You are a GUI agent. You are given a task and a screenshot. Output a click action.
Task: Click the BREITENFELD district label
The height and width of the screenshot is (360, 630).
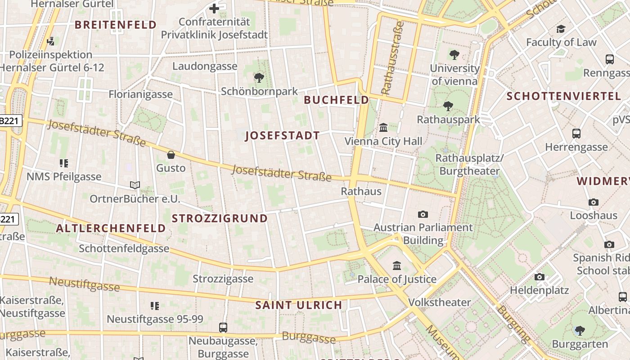click(x=116, y=25)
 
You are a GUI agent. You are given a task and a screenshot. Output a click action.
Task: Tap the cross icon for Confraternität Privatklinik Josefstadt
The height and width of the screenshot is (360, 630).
click(x=214, y=8)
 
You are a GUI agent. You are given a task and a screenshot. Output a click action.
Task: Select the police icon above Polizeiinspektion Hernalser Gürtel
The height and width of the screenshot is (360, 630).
click(x=51, y=41)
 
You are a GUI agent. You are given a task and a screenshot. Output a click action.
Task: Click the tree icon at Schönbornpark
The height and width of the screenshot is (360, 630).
click(x=259, y=78)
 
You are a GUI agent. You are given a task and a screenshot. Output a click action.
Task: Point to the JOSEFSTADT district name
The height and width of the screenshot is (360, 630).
click(x=282, y=135)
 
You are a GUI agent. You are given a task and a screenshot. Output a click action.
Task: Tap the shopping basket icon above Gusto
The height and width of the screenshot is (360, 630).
click(x=171, y=155)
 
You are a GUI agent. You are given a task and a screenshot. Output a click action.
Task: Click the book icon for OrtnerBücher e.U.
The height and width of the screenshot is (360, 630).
click(x=135, y=185)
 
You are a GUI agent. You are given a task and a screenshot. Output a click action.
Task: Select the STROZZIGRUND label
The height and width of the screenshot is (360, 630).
click(x=220, y=219)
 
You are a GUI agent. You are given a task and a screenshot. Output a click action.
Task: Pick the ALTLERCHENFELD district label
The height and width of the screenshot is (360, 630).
click(x=111, y=228)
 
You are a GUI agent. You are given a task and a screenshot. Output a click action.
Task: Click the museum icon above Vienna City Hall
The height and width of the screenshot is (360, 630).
click(x=383, y=128)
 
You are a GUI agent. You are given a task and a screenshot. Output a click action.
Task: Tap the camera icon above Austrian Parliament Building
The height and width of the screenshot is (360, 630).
click(x=423, y=214)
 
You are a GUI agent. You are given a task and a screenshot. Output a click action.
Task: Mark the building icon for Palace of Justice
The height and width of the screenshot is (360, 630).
click(x=397, y=265)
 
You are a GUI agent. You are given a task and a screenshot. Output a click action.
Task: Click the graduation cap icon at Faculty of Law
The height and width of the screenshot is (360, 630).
click(x=561, y=29)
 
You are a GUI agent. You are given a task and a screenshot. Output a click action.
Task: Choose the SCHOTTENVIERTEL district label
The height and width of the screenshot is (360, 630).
click(x=557, y=96)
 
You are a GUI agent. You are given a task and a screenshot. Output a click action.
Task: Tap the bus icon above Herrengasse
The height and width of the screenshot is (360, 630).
click(x=576, y=133)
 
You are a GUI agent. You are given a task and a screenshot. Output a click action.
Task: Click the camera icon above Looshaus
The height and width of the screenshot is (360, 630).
click(x=594, y=202)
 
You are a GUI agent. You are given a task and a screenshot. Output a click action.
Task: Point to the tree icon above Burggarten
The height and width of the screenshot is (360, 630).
click(x=580, y=331)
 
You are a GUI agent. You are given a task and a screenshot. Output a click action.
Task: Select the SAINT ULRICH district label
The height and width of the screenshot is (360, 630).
click(x=299, y=305)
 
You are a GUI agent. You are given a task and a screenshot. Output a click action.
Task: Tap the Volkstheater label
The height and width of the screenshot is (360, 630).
click(x=439, y=302)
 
